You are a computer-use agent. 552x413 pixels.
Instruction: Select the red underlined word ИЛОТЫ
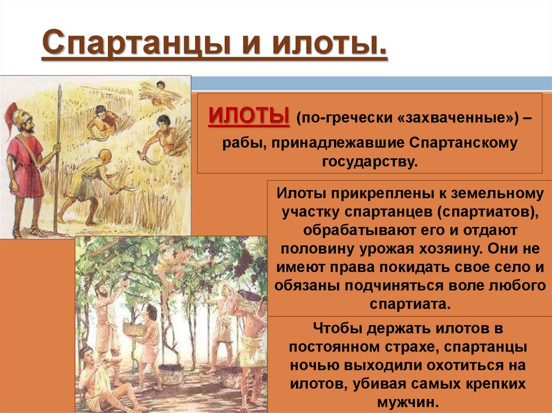[249, 116]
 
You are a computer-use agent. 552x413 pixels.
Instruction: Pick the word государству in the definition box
[370, 161]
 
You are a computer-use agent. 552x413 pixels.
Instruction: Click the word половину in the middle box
[321, 249]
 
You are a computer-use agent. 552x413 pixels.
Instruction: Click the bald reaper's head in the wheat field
[105, 156]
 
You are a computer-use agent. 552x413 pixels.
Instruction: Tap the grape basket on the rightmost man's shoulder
[246, 302]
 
